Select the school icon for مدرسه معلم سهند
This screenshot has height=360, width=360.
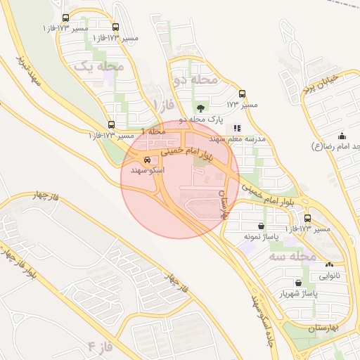click(x=237, y=128)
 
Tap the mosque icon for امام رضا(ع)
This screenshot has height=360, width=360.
click(x=342, y=136)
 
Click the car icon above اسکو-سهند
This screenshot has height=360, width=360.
click(x=146, y=160)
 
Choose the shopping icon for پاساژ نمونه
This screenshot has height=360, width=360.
click(x=262, y=226)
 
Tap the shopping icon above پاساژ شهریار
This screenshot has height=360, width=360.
click(x=298, y=283)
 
